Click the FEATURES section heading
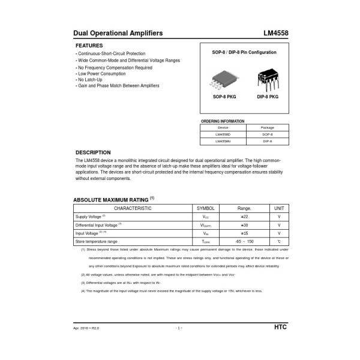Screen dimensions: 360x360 (89, 46)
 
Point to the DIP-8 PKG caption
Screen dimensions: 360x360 (268, 97)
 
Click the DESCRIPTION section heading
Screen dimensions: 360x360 (93, 152)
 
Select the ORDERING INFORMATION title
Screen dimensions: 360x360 (223, 121)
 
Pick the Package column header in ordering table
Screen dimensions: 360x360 (267, 128)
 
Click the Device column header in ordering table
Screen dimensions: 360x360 (223, 128)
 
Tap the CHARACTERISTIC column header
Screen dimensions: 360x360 (133, 208)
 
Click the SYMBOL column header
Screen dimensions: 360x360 (206, 208)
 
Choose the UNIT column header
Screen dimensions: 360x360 (279, 208)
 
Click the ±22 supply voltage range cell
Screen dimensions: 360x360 (244, 217)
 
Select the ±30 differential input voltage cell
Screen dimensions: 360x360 (244, 225)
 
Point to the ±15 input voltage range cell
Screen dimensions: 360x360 (244, 233)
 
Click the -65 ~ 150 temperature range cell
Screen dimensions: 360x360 (244, 241)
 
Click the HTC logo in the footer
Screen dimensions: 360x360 (280, 328)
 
